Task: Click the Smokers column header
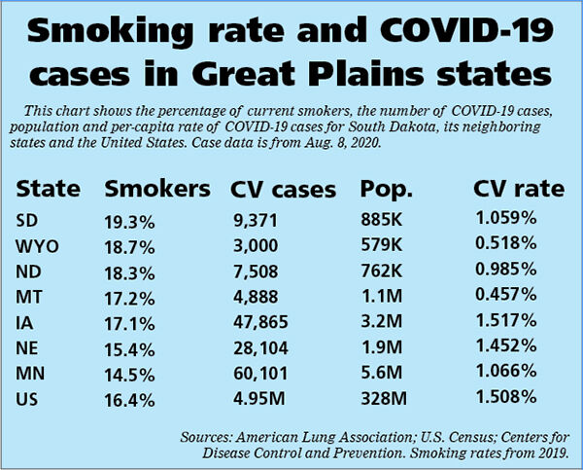pyautogui.click(x=156, y=189)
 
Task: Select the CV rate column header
pyautogui.click(x=519, y=189)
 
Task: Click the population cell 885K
pyautogui.click(x=380, y=221)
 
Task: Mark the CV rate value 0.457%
pyautogui.click(x=505, y=296)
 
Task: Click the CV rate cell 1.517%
pyautogui.click(x=505, y=320)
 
